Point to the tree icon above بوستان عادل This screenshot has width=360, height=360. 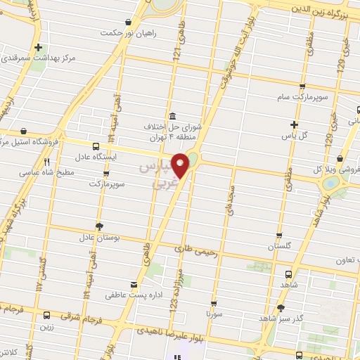[x=98, y=226]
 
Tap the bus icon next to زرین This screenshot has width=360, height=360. [x=46, y=316]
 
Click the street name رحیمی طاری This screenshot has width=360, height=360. [x=192, y=247]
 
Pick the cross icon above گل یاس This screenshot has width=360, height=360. [x=294, y=124]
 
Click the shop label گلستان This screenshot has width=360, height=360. [x=279, y=247]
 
